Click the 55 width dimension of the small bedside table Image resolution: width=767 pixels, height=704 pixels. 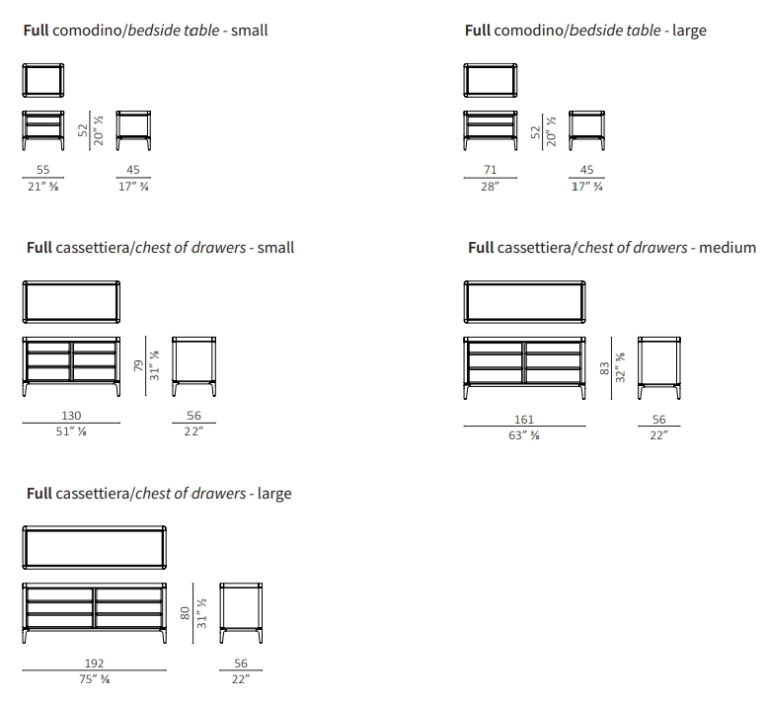43,170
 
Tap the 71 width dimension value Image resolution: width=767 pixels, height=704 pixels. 491,170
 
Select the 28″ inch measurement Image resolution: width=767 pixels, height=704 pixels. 490,187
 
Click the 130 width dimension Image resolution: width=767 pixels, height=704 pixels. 71,416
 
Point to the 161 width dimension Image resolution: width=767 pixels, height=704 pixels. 524,420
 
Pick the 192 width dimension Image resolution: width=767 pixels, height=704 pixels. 94,664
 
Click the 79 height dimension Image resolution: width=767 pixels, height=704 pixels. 139,365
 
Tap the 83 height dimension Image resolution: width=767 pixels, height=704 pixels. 604,368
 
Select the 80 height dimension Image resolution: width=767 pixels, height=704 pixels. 186,613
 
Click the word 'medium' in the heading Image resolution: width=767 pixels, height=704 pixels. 728,248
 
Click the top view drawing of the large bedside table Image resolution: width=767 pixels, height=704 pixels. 491,80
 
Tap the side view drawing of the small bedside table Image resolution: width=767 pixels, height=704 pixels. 133,130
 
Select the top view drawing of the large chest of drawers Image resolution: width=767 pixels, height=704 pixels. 95,547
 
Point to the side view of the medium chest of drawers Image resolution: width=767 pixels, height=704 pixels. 658,368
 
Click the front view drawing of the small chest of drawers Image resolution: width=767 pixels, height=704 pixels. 71,366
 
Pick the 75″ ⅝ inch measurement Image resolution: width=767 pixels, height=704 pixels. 95,679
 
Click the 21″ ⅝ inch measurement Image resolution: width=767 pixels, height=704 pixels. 43,187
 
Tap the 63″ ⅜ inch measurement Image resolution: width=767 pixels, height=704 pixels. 524,435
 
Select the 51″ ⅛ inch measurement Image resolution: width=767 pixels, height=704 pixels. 71,431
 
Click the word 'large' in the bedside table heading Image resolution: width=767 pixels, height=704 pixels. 689,31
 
